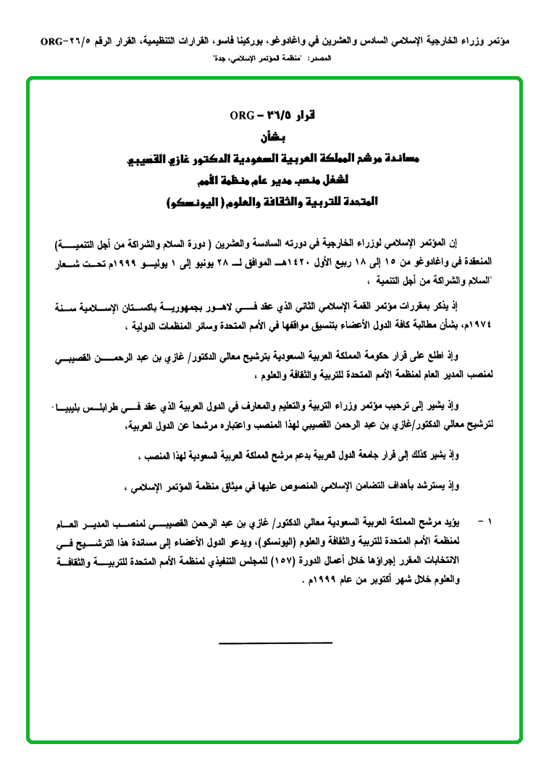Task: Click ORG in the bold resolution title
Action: tap(240, 116)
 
